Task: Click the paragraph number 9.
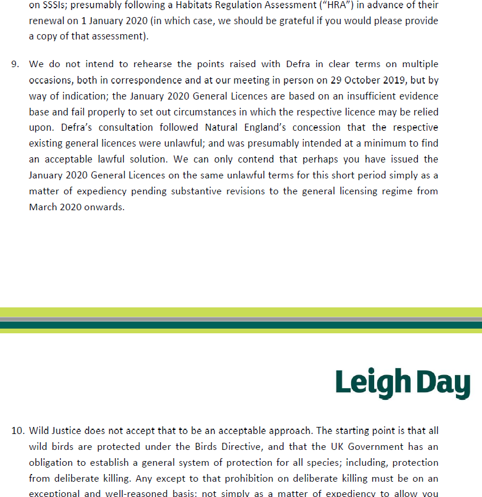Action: point(15,64)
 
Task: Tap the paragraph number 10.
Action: point(17,430)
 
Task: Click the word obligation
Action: point(51,462)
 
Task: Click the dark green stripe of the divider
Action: point(241,324)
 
